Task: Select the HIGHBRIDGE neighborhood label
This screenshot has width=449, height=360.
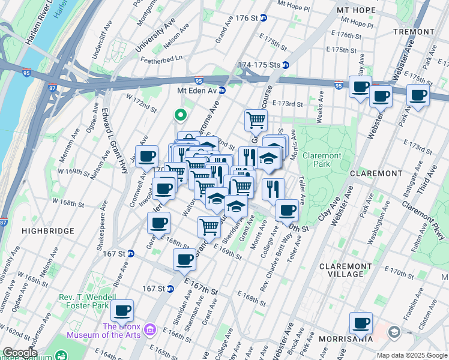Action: click(x=47, y=230)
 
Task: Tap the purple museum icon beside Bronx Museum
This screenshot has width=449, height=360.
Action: click(x=150, y=329)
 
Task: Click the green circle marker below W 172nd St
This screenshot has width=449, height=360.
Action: click(x=179, y=115)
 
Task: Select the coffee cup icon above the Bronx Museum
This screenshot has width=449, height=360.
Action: click(x=122, y=310)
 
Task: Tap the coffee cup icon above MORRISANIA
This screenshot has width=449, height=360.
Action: click(x=361, y=323)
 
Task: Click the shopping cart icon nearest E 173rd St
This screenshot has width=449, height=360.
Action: click(x=256, y=119)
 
